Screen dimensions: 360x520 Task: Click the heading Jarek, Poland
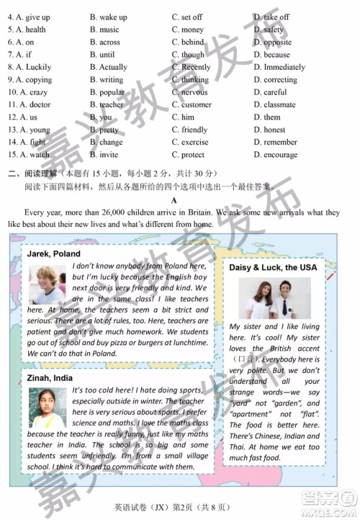[54, 254]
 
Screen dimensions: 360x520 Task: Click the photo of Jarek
[48, 285]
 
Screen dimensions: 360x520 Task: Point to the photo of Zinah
[48, 408]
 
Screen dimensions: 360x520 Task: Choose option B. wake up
[108, 17]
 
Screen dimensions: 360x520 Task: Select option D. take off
[271, 17]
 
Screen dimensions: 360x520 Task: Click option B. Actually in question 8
[108, 67]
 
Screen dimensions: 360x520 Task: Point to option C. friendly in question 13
[189, 130]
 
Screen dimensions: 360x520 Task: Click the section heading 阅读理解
[38, 172]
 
